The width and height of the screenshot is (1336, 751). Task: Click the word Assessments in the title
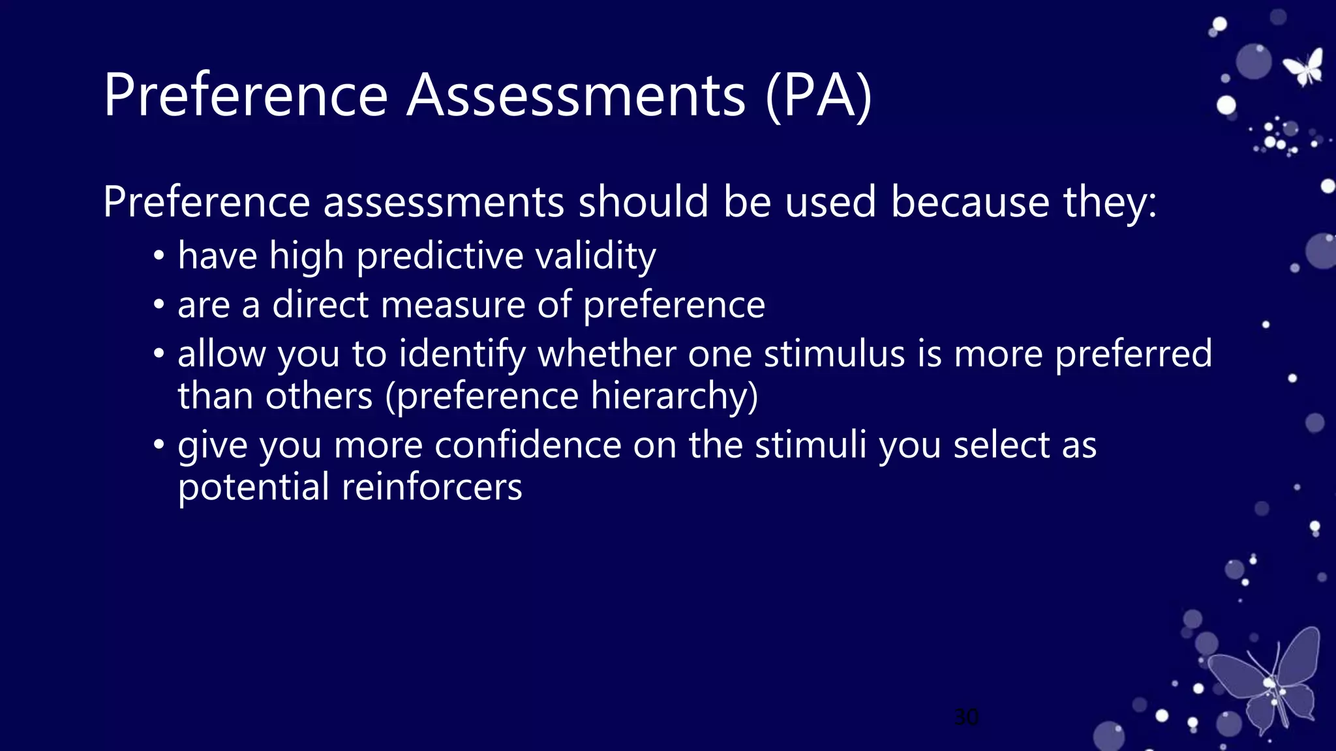click(x=575, y=96)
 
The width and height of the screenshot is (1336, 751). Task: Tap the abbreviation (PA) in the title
click(x=819, y=96)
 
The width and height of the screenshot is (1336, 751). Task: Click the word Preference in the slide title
click(x=246, y=96)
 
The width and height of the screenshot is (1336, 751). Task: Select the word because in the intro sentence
click(x=970, y=201)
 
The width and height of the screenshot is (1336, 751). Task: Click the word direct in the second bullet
click(x=320, y=304)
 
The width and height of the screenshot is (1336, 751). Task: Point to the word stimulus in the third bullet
click(x=834, y=354)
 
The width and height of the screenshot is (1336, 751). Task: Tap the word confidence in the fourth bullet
click(x=528, y=445)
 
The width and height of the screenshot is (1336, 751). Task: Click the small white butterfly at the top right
click(x=1304, y=67)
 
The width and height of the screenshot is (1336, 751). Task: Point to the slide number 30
click(x=966, y=717)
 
